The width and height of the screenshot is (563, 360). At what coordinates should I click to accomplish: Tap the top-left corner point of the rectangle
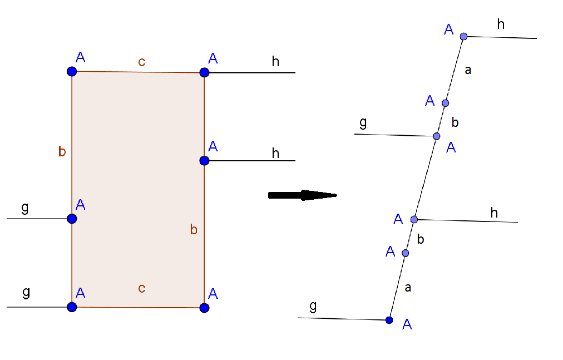coord(72,71)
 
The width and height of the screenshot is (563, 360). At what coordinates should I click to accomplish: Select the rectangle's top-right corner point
coord(204,72)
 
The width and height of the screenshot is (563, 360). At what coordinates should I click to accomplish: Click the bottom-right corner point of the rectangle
coord(204,308)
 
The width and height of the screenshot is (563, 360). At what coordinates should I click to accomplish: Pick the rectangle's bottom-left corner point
coord(72,307)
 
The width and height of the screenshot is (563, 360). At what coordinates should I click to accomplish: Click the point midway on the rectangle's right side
coord(204,161)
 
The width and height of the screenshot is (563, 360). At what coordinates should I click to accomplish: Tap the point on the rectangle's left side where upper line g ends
coord(72,219)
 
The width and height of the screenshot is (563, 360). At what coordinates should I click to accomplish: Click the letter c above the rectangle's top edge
coord(142,62)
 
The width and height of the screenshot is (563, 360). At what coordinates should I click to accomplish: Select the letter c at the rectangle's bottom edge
coord(142,288)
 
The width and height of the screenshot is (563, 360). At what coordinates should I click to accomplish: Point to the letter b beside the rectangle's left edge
coord(62,151)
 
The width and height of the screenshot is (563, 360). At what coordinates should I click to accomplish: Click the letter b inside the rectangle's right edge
coord(194,229)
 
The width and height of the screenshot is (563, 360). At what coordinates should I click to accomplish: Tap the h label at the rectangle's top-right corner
coord(275,61)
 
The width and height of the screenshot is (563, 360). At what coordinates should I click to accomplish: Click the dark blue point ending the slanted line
coord(389,320)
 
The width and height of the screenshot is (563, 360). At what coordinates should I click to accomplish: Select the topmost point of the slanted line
coord(463,37)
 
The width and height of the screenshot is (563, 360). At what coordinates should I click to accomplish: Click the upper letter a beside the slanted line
coord(468,70)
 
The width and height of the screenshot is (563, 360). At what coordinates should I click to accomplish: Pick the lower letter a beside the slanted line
coord(408,288)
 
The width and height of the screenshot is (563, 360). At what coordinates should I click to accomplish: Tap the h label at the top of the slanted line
coord(501,24)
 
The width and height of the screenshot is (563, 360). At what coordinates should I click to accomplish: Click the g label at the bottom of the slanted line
coord(313,307)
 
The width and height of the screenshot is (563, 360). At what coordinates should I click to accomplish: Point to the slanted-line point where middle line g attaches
coord(436,136)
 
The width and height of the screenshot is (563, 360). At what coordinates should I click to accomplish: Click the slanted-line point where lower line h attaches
coord(414,219)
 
